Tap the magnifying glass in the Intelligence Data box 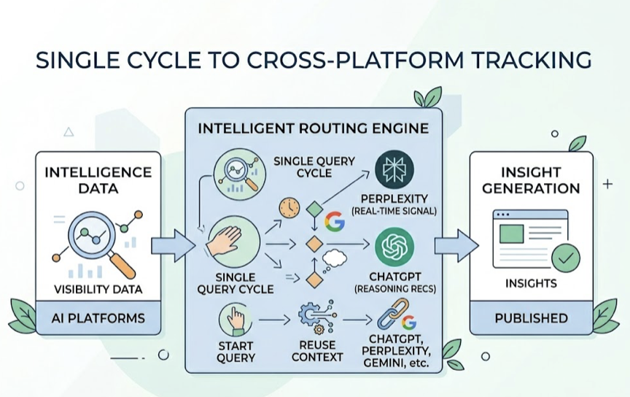91,238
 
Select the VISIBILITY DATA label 98,290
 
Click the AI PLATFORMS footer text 98,318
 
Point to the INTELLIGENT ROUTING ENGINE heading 313,129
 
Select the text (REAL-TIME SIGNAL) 394,211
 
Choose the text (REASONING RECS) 394,290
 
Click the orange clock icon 290,208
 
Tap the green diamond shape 314,209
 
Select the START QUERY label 236,352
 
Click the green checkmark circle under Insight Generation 566,258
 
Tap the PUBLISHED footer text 531,318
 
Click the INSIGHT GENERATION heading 531,180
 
